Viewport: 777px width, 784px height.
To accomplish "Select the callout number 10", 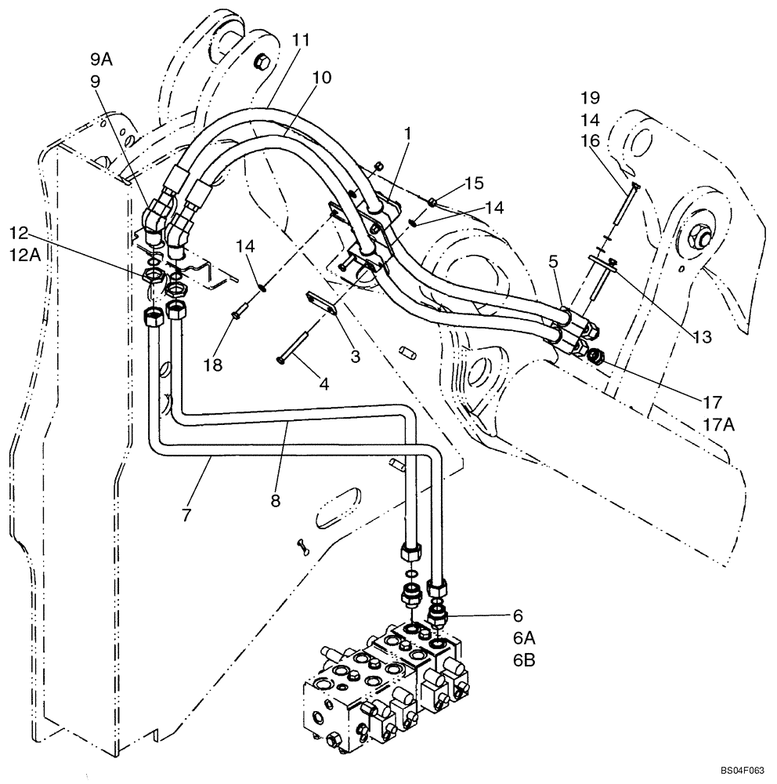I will (321, 77).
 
